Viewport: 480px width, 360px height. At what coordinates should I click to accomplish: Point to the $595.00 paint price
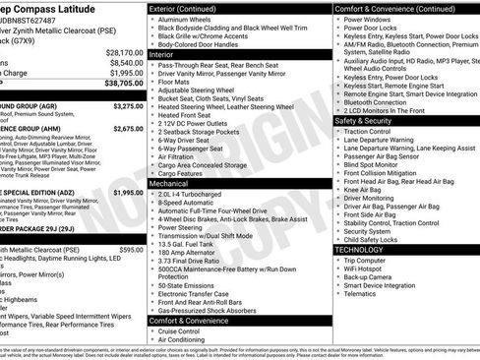tap(131, 251)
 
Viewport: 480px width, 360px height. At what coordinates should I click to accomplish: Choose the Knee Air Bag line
tap(364, 190)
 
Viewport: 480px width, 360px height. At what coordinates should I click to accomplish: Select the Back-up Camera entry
tap(373, 277)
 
